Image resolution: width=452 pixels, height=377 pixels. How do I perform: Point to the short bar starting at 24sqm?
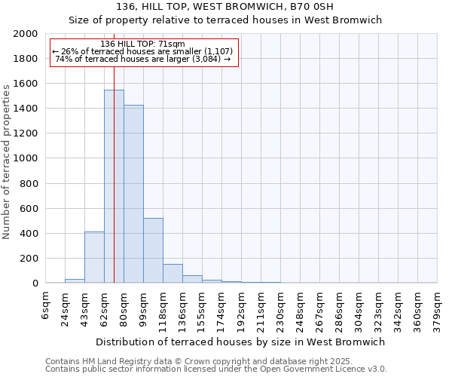[x=75, y=281]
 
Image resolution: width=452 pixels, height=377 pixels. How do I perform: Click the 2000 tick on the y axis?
[x=26, y=34]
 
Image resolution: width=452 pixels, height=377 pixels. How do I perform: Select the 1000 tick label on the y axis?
[x=26, y=158]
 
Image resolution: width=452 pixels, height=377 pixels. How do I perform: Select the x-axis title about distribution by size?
[x=241, y=342]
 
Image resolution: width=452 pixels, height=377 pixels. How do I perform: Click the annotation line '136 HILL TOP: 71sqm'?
[x=142, y=44]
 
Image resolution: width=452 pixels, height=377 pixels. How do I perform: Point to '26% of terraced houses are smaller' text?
[x=142, y=51]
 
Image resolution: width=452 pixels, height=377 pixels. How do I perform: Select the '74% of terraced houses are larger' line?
[x=142, y=59]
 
